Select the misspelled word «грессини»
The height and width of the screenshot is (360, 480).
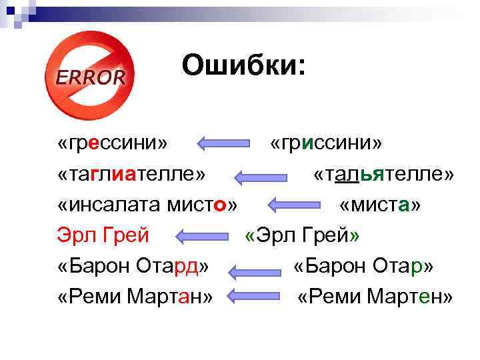click(113, 143)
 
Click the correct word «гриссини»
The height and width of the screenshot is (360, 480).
click(327, 143)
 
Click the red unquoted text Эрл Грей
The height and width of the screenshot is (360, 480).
click(103, 235)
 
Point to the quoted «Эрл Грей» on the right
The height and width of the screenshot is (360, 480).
click(302, 235)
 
